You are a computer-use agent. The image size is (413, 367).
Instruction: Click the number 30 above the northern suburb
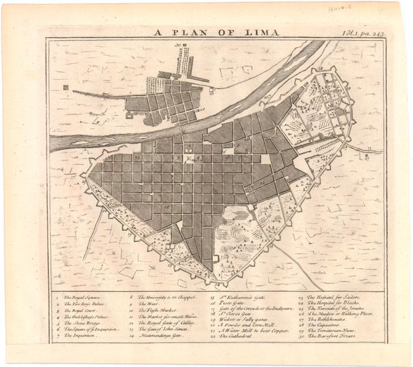click(x=179, y=45)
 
